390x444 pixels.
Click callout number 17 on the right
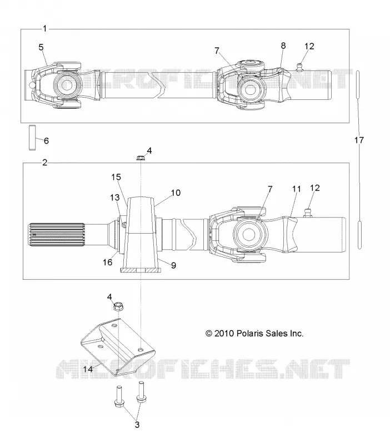359,140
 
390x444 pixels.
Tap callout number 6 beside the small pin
46,141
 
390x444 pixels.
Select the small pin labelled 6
33,138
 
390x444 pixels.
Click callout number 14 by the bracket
88,369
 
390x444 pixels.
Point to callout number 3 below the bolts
137,425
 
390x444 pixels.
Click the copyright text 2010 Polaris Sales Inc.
254,334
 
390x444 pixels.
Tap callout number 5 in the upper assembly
41,47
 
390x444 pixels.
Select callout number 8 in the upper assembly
283,46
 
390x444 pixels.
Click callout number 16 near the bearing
107,262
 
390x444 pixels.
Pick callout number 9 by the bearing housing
173,265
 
